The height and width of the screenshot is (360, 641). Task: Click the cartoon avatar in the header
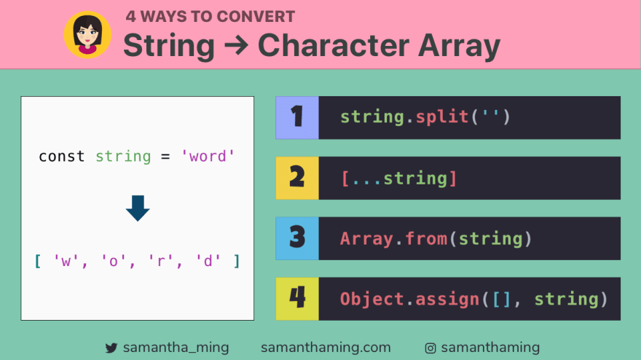click(x=87, y=34)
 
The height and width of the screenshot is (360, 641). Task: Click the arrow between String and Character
click(x=236, y=46)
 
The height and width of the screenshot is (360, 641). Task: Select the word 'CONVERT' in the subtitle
click(x=256, y=16)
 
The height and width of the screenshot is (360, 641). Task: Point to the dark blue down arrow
click(x=137, y=208)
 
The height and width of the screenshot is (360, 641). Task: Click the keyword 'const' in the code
click(x=62, y=156)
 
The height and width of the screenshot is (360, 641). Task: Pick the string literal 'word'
click(x=208, y=156)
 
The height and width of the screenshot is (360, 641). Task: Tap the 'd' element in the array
click(x=208, y=261)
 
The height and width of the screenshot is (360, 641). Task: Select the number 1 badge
click(x=297, y=117)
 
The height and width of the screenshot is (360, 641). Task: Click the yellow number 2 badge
click(x=297, y=178)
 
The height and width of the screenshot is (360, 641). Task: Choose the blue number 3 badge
click(x=297, y=238)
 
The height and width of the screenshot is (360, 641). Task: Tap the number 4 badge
click(x=297, y=299)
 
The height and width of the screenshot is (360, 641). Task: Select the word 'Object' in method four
click(x=371, y=299)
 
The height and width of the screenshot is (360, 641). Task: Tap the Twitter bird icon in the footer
click(x=111, y=348)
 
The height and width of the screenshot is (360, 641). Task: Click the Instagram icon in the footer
click(x=430, y=348)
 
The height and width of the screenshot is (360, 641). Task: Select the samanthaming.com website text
click(x=326, y=348)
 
